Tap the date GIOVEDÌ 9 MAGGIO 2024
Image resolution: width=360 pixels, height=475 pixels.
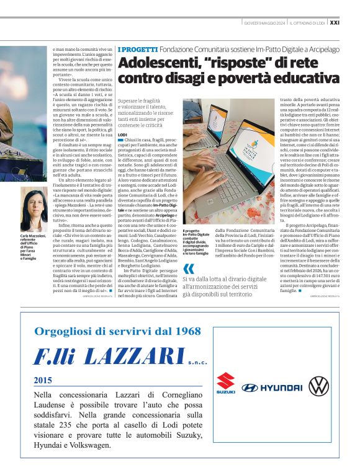pos(265,23)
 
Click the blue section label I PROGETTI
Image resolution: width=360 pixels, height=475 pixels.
pos(137,48)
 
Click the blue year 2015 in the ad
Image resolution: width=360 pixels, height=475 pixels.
pos(43,380)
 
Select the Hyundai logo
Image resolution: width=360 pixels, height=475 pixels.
pos(272,388)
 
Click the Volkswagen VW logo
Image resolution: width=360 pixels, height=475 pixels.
pos(319,386)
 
